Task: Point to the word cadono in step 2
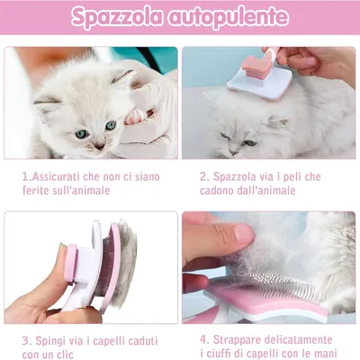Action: click(x=221, y=191)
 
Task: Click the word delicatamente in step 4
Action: click(x=309, y=339)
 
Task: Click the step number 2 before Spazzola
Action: click(x=203, y=176)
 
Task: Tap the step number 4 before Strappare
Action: click(x=203, y=339)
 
